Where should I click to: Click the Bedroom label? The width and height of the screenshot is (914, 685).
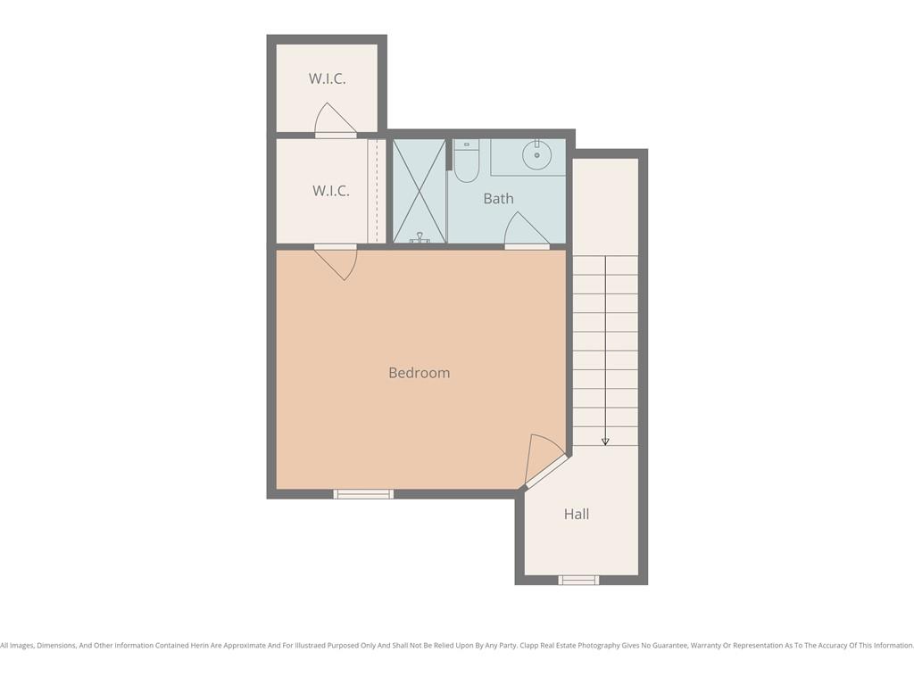click(x=420, y=373)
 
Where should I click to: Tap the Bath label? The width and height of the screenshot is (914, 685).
click(x=498, y=199)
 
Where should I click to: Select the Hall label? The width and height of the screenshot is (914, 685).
click(x=577, y=514)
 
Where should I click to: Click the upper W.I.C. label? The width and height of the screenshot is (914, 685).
click(x=327, y=78)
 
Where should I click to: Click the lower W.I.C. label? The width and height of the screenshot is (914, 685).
click(x=330, y=191)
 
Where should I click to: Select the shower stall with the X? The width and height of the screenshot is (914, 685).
click(x=420, y=191)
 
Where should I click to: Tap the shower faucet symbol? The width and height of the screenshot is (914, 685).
click(x=420, y=237)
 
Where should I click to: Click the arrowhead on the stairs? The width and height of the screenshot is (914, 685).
click(x=605, y=442)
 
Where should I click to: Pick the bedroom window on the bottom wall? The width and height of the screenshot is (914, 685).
click(x=363, y=494)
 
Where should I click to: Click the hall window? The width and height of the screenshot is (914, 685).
click(x=578, y=580)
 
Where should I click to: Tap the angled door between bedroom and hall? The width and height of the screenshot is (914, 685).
click(x=544, y=463)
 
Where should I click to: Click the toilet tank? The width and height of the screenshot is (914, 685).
click(x=466, y=144)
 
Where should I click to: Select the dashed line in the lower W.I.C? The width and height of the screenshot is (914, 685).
click(x=378, y=191)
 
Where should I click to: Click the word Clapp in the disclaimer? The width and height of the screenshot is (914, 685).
click(x=528, y=646)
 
